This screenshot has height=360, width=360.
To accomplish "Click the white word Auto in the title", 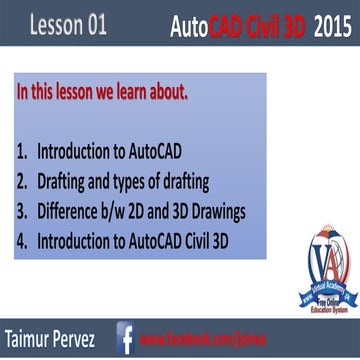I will (x=192, y=24).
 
